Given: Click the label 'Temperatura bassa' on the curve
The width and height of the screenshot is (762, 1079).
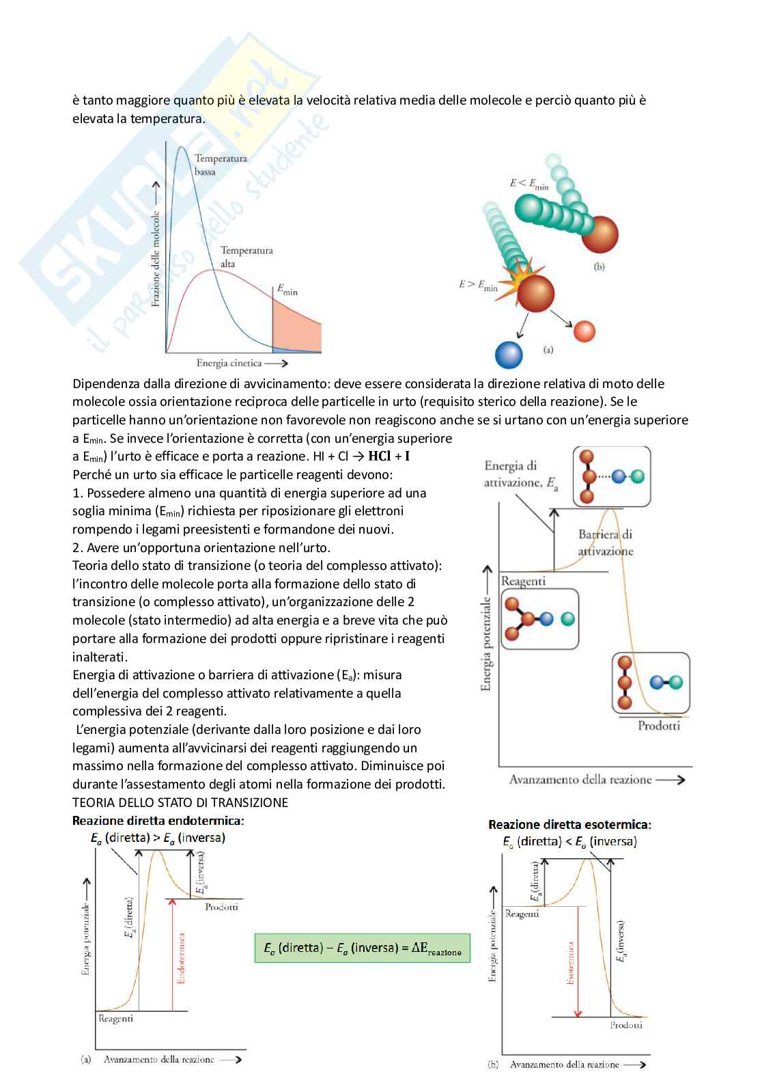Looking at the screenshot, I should click(220, 165).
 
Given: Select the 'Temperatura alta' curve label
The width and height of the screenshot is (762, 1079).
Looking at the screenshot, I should click(246, 257).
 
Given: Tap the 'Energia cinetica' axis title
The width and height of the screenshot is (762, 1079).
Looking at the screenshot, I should click(229, 363).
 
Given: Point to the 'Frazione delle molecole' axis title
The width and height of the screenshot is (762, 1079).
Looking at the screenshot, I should click(156, 258).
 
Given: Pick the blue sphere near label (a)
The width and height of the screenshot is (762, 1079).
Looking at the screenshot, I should click(507, 355).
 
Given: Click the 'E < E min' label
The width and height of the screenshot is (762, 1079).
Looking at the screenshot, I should click(528, 184).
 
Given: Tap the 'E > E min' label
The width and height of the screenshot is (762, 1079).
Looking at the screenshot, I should click(478, 285).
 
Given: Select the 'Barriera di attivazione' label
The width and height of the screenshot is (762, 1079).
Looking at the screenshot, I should click(605, 543).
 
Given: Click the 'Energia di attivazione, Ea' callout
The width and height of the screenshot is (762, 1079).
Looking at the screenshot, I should click(521, 474).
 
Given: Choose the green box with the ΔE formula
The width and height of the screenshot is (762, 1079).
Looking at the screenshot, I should click(362, 948).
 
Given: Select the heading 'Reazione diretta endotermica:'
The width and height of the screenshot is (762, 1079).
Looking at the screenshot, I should click(158, 820).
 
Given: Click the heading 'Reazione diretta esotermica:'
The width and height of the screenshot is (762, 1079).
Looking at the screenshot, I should click(569, 825).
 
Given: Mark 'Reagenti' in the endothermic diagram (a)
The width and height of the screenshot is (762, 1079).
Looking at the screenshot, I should click(116, 1019).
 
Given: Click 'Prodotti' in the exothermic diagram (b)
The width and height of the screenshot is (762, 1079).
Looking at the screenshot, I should click(625, 1025).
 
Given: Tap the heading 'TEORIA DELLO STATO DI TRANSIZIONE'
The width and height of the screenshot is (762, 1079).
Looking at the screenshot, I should click(180, 802).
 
